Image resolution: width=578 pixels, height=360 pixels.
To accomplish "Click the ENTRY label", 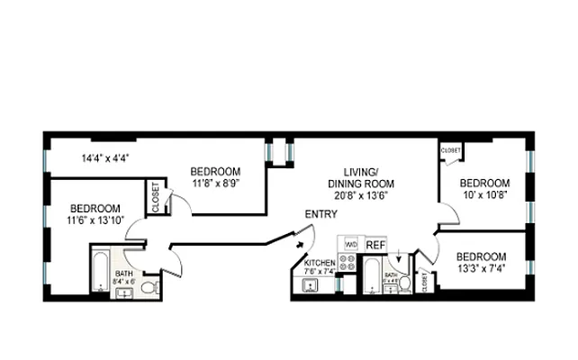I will coord(321,214).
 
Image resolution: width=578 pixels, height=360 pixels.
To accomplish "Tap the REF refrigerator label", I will coord(375,244).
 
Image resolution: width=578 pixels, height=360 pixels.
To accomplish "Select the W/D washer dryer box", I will coord(351,244).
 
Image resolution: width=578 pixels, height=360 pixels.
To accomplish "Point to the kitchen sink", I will coord(311,286).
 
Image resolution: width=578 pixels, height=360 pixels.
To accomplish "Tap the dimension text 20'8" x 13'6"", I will coord(365,194).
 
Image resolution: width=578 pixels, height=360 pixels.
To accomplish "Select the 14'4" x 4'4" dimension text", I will coord(105,157).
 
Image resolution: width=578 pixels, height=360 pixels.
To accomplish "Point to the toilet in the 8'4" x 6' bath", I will coord(150,287).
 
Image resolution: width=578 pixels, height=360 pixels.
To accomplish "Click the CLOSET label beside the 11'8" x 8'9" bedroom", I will coord(156,197).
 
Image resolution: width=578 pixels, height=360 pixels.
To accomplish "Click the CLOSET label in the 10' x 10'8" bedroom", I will coord(451,150).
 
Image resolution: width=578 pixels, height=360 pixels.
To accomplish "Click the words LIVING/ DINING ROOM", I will coord(365,177).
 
